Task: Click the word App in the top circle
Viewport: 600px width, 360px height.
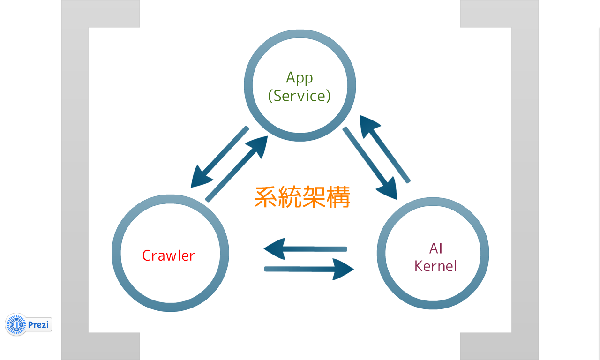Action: coord(299,77)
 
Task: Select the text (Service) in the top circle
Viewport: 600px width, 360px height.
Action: coord(299,96)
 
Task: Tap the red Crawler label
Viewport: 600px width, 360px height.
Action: coord(168,255)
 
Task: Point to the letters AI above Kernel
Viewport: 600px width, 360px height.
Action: coord(435,248)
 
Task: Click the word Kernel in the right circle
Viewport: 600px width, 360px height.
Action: coord(435,266)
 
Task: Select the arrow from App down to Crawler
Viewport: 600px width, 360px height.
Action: coord(218,157)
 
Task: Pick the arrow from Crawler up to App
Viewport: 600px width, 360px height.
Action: coord(237,169)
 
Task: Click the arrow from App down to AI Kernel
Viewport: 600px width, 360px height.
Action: coord(370,162)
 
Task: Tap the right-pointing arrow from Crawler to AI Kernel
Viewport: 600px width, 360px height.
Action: coord(309,269)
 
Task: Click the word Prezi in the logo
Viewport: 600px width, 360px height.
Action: coord(38,324)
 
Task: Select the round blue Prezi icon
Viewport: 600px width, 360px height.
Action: coord(17,324)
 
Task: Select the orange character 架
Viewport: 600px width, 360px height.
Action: coord(315,197)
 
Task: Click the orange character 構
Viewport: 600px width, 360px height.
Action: coord(339,197)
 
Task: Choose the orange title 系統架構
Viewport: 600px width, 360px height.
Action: coord(302,197)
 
